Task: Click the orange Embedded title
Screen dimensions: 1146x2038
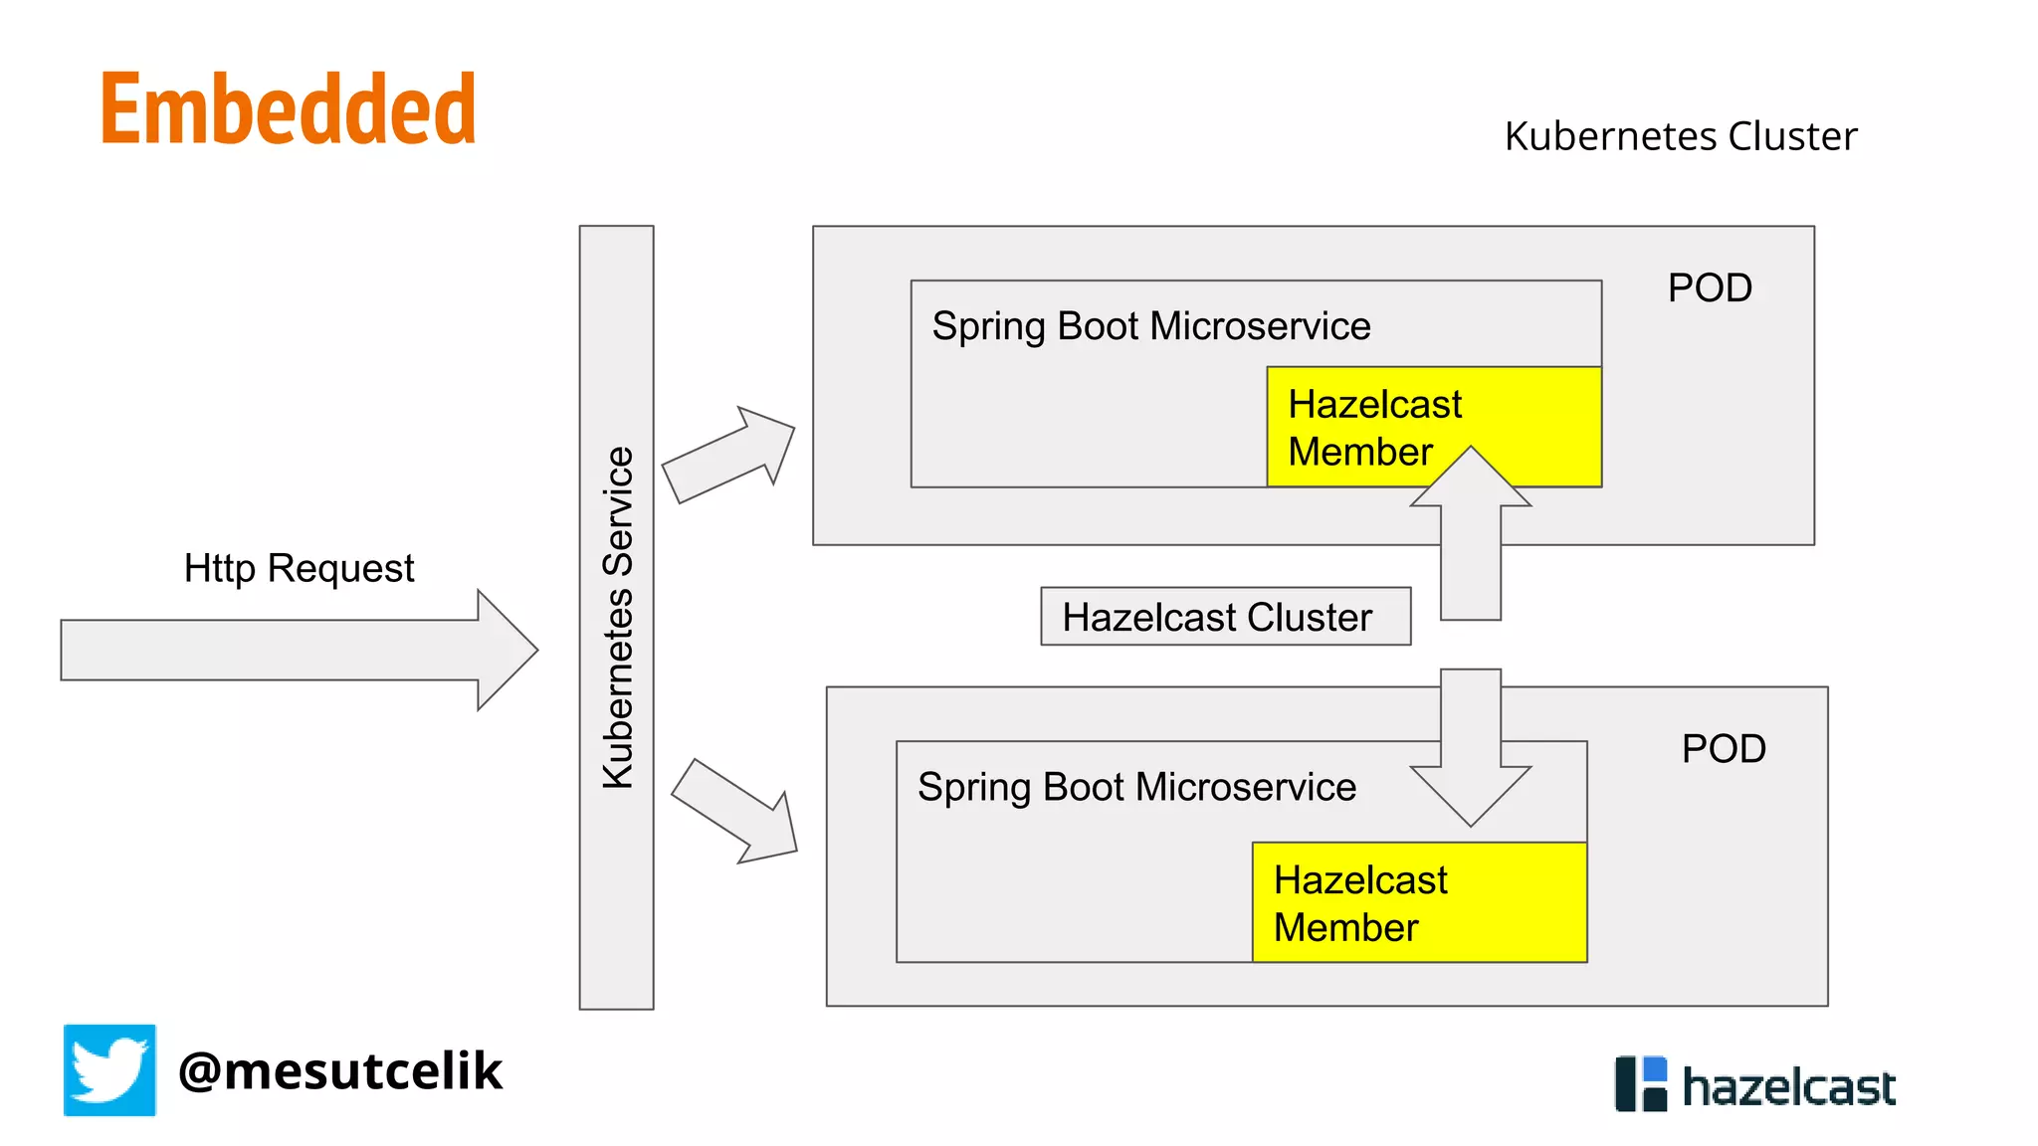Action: click(289, 109)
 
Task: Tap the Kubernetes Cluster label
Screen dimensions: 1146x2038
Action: click(1680, 136)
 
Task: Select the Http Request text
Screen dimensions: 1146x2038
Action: click(299, 568)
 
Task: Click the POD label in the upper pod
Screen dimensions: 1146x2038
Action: click(1709, 288)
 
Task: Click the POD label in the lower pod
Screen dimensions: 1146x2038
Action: click(1723, 749)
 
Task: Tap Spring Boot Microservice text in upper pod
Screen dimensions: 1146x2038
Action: click(1150, 326)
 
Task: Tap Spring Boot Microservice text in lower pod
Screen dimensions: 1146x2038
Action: click(1136, 787)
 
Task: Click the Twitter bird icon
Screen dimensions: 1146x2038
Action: click(109, 1070)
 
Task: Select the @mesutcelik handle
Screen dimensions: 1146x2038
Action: click(339, 1071)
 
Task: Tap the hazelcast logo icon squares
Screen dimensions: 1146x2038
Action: click(1640, 1084)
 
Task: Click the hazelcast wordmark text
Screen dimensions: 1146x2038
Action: click(1788, 1087)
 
